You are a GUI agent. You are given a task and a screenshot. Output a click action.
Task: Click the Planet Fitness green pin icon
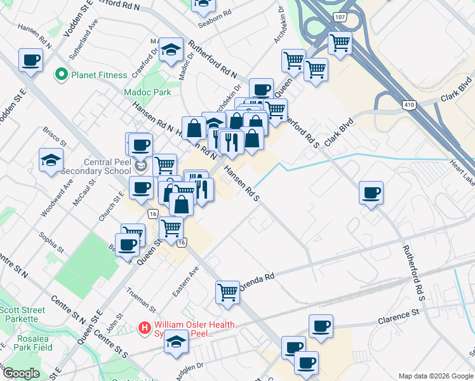click(x=62, y=75)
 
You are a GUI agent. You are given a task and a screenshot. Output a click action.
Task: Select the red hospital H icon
click(x=145, y=328)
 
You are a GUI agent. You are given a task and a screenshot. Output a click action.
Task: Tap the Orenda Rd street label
click(x=261, y=278)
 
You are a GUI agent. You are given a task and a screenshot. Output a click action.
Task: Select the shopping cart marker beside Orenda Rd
click(x=227, y=292)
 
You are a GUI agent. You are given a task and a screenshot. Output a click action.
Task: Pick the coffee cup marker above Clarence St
click(x=321, y=326)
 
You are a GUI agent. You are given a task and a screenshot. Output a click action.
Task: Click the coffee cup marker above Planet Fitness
click(x=30, y=60)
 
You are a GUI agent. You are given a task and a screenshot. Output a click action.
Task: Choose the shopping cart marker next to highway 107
click(x=340, y=43)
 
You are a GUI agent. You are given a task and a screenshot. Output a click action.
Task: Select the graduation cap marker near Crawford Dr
click(x=170, y=50)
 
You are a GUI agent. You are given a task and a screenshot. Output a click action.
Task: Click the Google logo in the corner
click(x=20, y=374)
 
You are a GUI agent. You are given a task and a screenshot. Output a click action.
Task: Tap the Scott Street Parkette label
click(x=22, y=314)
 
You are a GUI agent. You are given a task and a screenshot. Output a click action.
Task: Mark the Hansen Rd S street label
click(x=241, y=183)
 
